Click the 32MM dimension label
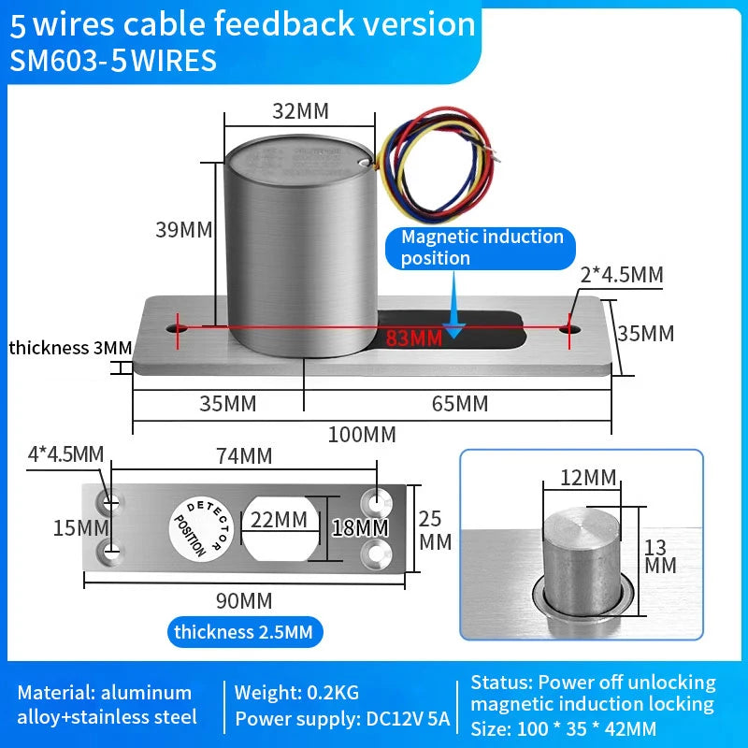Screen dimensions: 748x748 click(300, 110)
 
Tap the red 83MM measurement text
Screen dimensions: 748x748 click(413, 338)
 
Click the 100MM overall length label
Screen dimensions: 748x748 click(361, 435)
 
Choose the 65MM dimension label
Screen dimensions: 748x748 click(459, 404)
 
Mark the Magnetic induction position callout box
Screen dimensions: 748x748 click(482, 248)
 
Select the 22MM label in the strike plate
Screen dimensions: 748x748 click(278, 520)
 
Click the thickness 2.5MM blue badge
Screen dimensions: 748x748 click(242, 632)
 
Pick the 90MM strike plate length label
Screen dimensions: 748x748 click(245, 599)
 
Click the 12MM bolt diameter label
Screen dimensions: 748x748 click(587, 478)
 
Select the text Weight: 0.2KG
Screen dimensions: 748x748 click(296, 693)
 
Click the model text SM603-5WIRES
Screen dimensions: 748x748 click(113, 61)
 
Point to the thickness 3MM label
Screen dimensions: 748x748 click(70, 348)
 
